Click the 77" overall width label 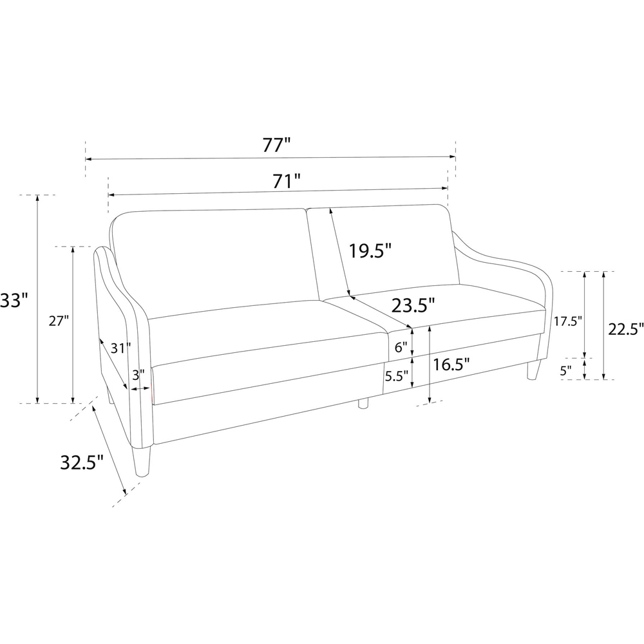point(276,145)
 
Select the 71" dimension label point(287,181)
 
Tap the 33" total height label point(14,300)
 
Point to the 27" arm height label point(59,321)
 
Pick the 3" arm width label point(138,375)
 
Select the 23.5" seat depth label point(413,305)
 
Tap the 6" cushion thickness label point(401,348)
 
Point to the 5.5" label point(396,376)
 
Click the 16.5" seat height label point(451,364)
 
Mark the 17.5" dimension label point(567,321)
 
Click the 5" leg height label point(565,371)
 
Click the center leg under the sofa point(363,403)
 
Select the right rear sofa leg point(533,369)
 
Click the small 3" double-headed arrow point(140,388)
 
